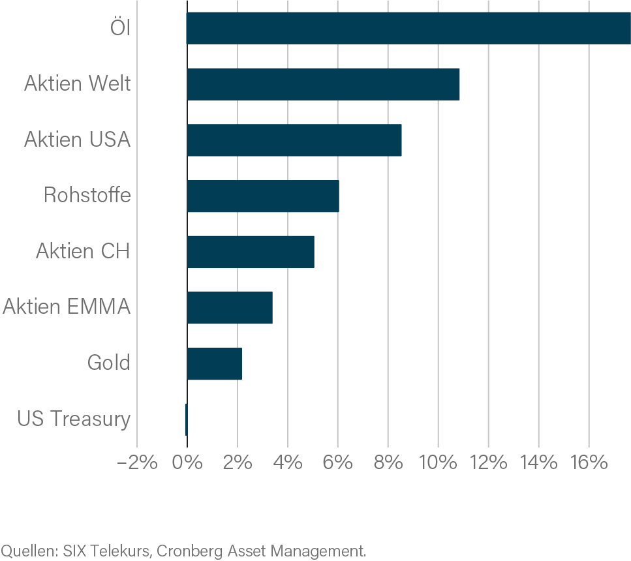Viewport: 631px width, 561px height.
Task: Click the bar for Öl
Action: pos(408,28)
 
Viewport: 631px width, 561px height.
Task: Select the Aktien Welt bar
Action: pos(323,84)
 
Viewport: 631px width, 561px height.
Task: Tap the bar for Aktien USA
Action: pos(294,140)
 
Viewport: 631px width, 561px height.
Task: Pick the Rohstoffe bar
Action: pos(263,196)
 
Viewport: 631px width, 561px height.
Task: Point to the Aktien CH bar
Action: pos(251,252)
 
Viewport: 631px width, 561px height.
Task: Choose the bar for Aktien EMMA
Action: pos(230,308)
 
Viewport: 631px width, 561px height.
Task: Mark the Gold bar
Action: pos(215,363)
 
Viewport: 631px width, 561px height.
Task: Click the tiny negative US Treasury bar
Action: pos(186,419)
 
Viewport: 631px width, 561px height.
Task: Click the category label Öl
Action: pos(120,29)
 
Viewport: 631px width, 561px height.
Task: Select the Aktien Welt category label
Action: pos(77,84)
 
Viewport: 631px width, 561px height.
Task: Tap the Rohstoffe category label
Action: pos(87,196)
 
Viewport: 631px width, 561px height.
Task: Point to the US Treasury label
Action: pos(74,419)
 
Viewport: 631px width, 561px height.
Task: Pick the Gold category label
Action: pos(108,363)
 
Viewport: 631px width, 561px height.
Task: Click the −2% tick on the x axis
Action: pos(136,463)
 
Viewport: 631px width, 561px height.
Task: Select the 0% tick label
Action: pos(187,463)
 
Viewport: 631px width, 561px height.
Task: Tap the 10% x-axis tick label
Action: pos(438,463)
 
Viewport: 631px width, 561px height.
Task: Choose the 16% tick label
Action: pos(589,463)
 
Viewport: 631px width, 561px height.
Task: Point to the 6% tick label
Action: pos(337,463)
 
